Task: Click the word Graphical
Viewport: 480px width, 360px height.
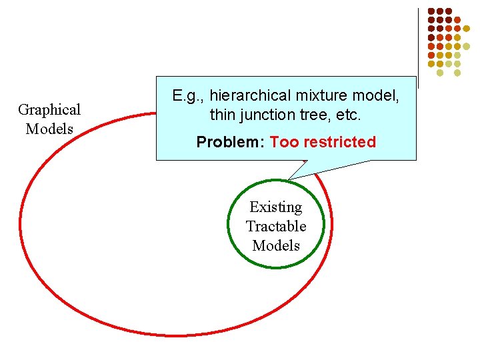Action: pos(49,110)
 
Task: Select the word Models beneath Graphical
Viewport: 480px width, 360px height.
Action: pos(49,128)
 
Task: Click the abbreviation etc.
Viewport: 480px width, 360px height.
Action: pos(347,115)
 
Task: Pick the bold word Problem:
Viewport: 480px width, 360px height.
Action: pos(230,142)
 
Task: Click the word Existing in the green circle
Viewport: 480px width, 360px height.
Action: pos(275,207)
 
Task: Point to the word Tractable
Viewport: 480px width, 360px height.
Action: pos(275,226)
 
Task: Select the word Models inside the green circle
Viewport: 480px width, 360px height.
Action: pos(275,245)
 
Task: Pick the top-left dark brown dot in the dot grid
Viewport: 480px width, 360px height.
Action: pos(431,11)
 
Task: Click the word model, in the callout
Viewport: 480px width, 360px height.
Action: pos(377,96)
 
